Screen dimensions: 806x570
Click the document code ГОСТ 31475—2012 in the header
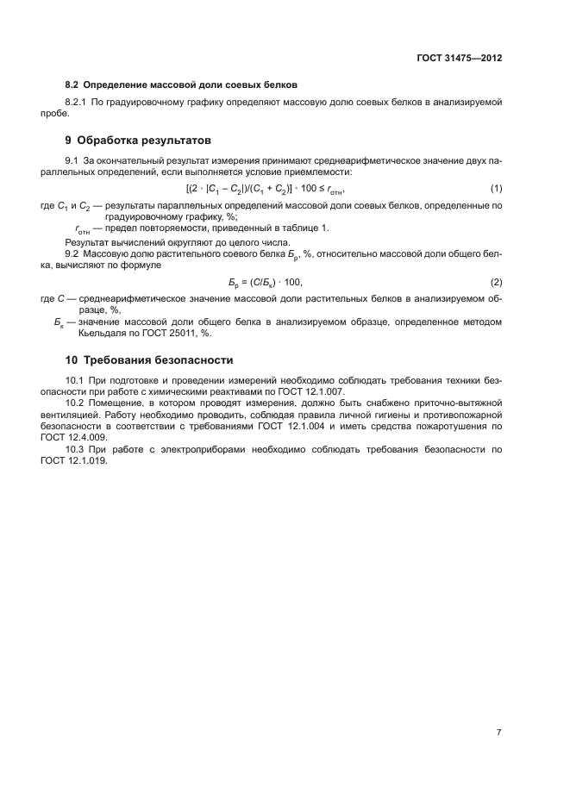coord(454,59)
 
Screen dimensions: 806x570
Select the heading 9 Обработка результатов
coord(138,141)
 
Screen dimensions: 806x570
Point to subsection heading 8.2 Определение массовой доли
coord(181,84)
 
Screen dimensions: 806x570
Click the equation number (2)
coord(496,282)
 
